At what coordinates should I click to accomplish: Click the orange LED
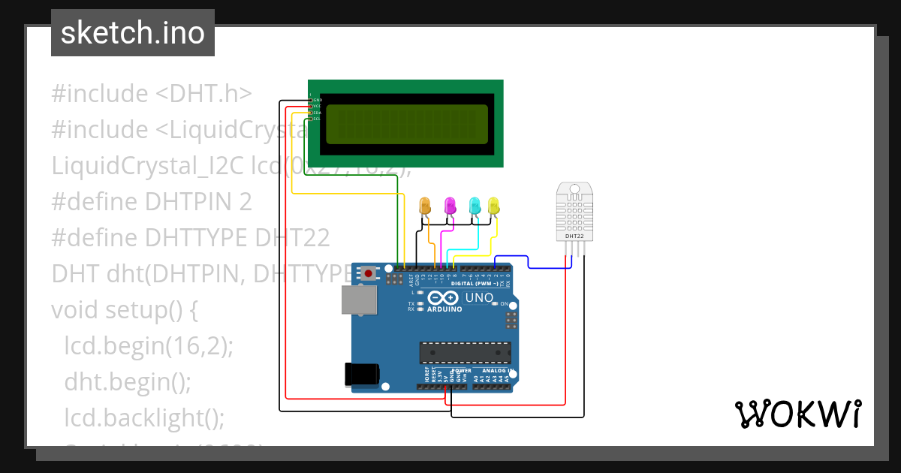(425, 205)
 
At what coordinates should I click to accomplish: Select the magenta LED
(450, 205)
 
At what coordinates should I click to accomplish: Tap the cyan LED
(475, 205)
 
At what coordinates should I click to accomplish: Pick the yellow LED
(493, 205)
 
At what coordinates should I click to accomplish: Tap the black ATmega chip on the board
(466, 352)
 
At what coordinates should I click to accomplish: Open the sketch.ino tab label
(133, 33)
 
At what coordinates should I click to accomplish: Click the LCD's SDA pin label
(316, 113)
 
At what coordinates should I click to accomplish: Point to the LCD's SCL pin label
(316, 119)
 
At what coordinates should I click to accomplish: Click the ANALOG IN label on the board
(494, 371)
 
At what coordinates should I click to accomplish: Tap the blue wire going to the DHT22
(529, 261)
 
